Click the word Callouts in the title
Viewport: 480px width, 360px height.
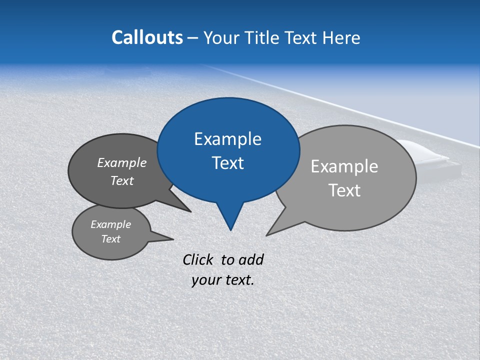coord(147,37)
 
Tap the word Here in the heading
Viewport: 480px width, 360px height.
coord(341,38)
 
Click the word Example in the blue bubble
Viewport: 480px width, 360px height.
coord(227,139)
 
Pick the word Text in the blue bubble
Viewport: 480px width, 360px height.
coord(227,163)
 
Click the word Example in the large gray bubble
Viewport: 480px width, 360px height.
coord(344,166)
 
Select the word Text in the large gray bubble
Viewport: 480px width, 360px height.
coord(344,190)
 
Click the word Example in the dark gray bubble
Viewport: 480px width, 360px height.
coord(122,162)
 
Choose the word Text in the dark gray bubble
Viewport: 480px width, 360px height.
coord(122,180)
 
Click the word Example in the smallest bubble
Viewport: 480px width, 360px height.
coord(110,224)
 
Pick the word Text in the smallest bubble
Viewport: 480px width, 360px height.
coord(110,239)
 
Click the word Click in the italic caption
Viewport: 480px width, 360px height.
coord(198,259)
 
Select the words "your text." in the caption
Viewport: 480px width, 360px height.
coord(223,280)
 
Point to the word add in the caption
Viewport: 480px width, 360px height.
coord(251,259)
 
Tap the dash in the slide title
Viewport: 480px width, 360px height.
coord(193,38)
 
